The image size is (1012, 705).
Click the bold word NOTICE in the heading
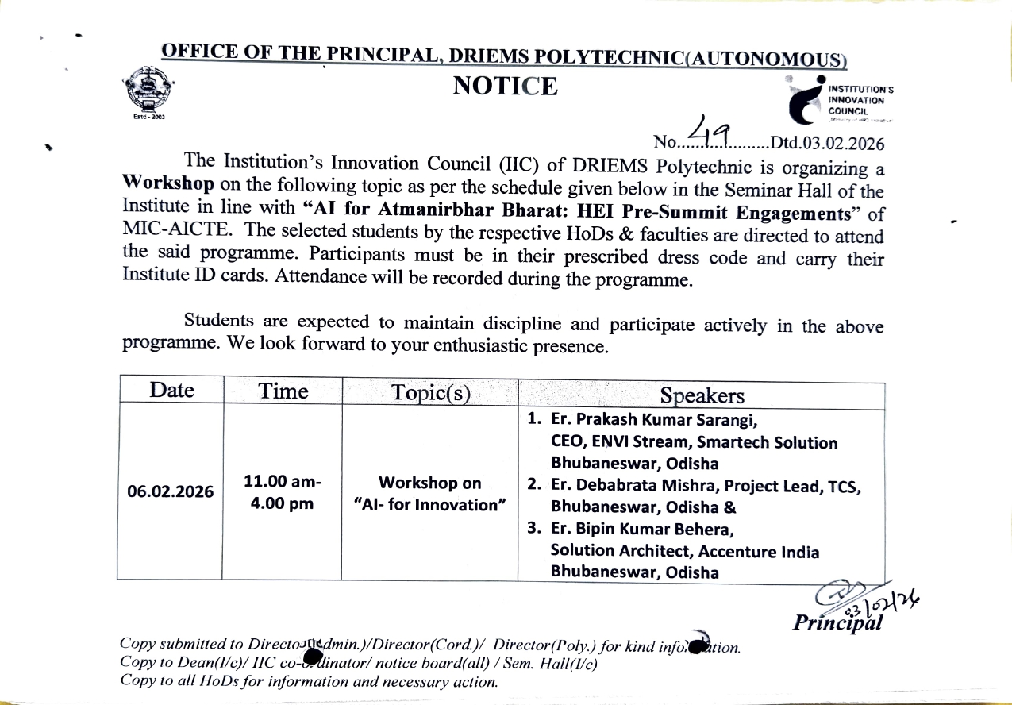point(505,86)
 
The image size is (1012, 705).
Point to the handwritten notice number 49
point(713,132)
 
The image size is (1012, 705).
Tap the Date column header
point(171,390)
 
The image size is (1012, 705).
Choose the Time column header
point(283,391)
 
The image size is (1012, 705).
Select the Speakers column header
point(702,396)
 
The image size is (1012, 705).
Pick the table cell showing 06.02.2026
point(171,491)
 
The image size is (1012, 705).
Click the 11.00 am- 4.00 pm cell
point(283,492)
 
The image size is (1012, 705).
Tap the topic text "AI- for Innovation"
point(430,504)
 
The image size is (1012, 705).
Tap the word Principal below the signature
point(837,622)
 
